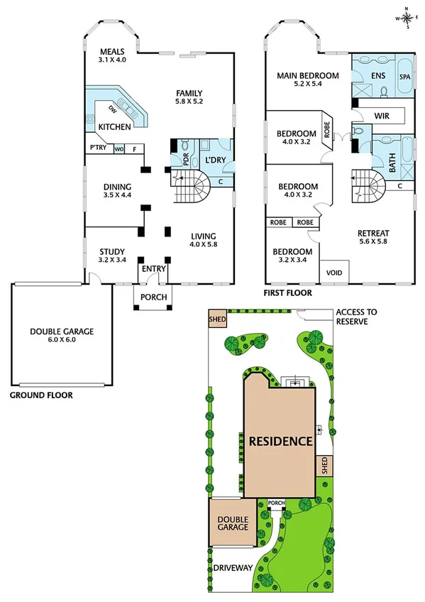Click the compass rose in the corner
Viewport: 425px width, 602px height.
pyautogui.click(x=406, y=18)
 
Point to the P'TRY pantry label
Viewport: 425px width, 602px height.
pyautogui.click(x=97, y=148)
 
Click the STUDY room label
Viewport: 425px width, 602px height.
pyautogui.click(x=112, y=251)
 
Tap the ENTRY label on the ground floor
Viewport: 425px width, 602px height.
pyautogui.click(x=153, y=269)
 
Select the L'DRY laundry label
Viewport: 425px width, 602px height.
pyautogui.click(x=214, y=160)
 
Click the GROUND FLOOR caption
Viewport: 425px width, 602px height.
pyautogui.click(x=40, y=394)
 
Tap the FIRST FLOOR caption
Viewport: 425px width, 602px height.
pyautogui.click(x=287, y=292)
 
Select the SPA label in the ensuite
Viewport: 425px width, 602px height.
pyautogui.click(x=405, y=76)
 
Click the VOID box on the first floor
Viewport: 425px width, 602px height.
pyautogui.click(x=332, y=273)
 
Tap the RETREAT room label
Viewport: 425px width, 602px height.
pyautogui.click(x=372, y=234)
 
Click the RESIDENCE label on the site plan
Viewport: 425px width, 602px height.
pyautogui.click(x=280, y=441)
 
